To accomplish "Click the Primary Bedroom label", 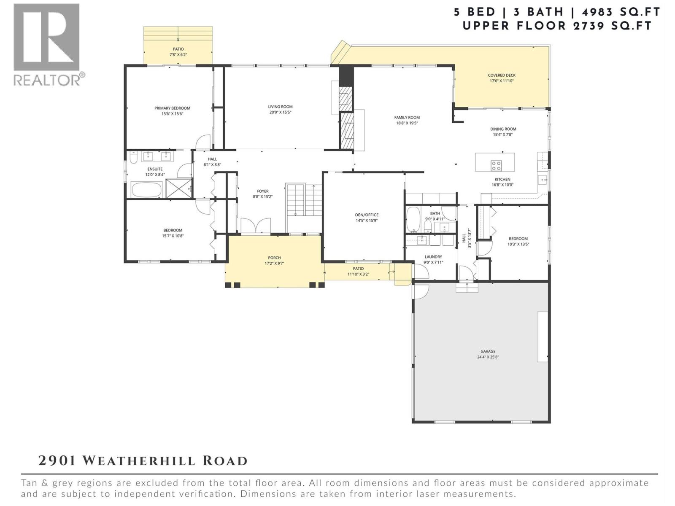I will click(172, 108).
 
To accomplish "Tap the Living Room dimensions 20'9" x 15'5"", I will click(280, 113).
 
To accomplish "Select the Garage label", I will click(488, 351).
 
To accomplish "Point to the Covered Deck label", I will click(502, 75).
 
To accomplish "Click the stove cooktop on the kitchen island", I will click(496, 165).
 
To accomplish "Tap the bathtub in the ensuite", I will click(146, 190).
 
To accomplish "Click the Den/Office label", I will click(367, 215).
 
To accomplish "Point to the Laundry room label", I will click(433, 256).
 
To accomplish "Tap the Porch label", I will click(274, 258).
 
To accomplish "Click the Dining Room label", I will click(503, 129).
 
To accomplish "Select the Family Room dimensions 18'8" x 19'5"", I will click(407, 123).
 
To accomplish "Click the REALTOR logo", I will click(47, 44).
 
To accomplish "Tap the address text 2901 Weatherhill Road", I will click(143, 460).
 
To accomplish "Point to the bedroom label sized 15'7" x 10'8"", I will click(173, 230).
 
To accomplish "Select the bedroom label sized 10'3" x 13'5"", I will click(518, 239).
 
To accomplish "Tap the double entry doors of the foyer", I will click(255, 226).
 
